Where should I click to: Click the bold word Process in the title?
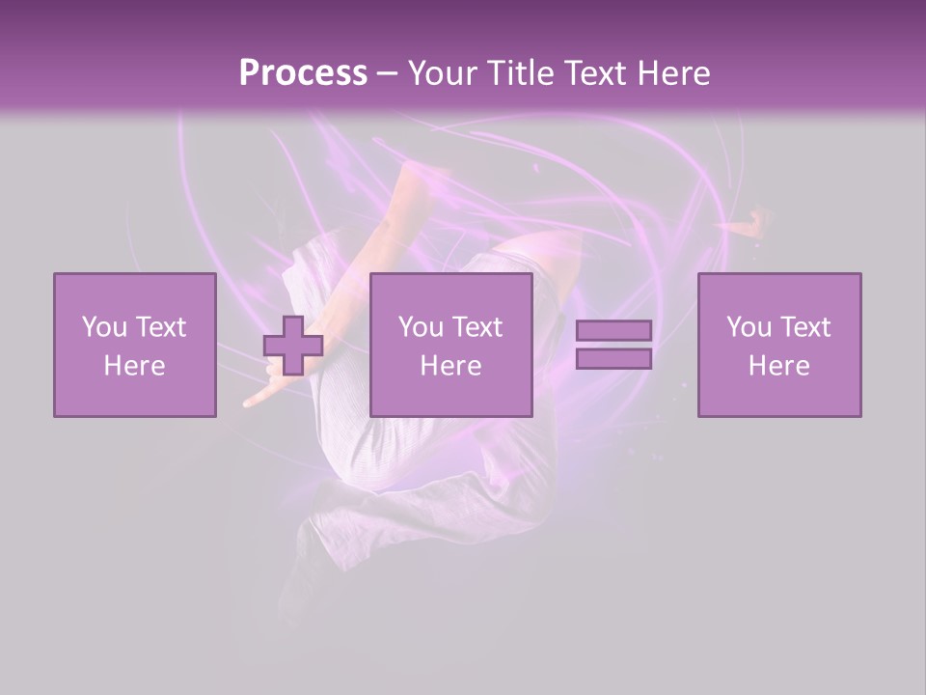(303, 73)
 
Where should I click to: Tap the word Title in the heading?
(519, 73)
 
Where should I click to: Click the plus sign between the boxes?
(293, 346)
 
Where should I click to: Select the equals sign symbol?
(613, 345)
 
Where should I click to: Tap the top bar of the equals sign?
(613, 330)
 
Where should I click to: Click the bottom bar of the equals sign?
(613, 359)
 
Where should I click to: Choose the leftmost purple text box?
(134, 345)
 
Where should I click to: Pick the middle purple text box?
(450, 345)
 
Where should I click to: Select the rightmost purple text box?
(778, 345)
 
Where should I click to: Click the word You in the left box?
(104, 327)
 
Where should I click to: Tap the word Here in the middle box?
(450, 366)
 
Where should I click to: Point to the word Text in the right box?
(806, 327)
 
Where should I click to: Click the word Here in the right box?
(778, 366)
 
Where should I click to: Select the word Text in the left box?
(160, 327)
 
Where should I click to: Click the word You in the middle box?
(421, 327)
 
